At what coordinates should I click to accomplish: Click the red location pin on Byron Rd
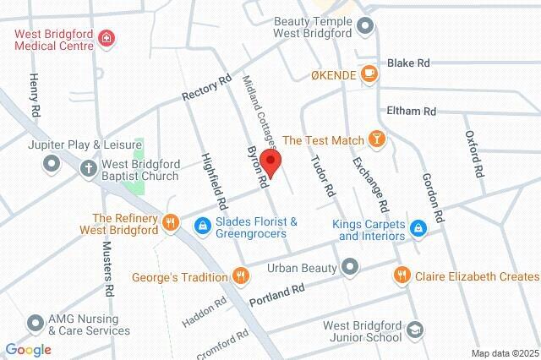[x=270, y=161]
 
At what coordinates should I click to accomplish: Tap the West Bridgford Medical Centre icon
[x=107, y=38]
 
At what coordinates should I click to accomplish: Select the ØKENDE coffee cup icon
[x=368, y=74]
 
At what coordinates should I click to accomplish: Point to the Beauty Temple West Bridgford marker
[x=365, y=25]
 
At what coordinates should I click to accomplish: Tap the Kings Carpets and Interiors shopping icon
[x=418, y=227]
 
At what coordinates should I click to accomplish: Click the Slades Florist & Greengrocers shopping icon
[x=203, y=224]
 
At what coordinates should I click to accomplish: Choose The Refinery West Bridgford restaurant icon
[x=170, y=222]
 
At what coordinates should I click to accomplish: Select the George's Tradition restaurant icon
[x=241, y=275]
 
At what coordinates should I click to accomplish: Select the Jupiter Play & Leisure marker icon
[x=51, y=161]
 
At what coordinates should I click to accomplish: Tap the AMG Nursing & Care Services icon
[x=35, y=323]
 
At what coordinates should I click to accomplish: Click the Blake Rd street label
[x=409, y=63]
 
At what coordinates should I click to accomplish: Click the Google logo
[x=28, y=349]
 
